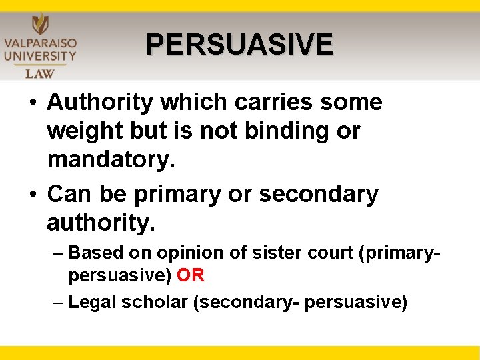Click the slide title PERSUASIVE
coord(239,45)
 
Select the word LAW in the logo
coord(40,73)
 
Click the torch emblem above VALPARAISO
coord(40,22)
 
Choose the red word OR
coord(191,275)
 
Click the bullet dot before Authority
coord(32,103)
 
